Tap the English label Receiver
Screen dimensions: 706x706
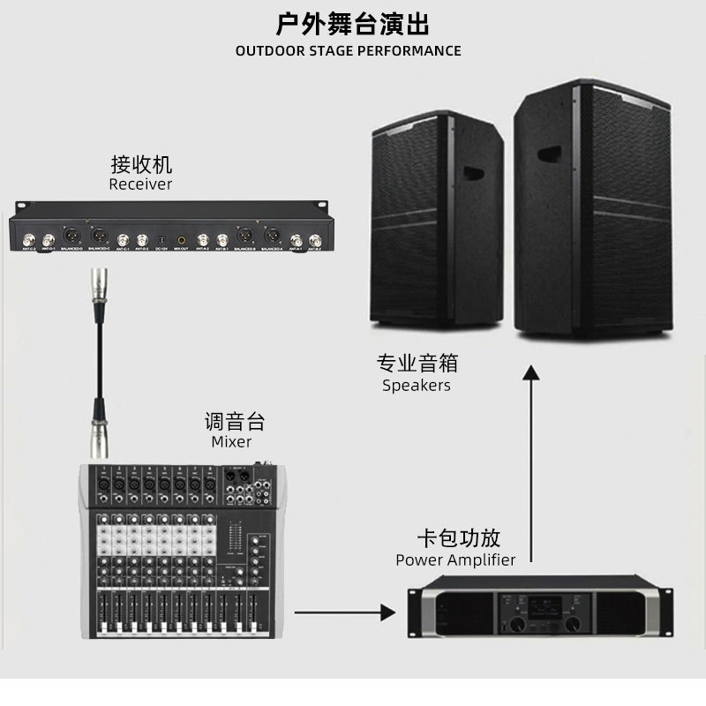(140, 184)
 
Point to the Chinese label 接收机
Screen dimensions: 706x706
(141, 164)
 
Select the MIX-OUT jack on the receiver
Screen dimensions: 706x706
(182, 238)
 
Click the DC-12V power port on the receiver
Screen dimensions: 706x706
(161, 239)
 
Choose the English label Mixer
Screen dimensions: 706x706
(231, 441)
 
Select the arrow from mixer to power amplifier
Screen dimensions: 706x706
(343, 610)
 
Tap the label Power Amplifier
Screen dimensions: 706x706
(455, 560)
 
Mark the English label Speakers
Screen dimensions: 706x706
(417, 386)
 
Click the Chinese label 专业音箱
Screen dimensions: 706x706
(417, 363)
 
